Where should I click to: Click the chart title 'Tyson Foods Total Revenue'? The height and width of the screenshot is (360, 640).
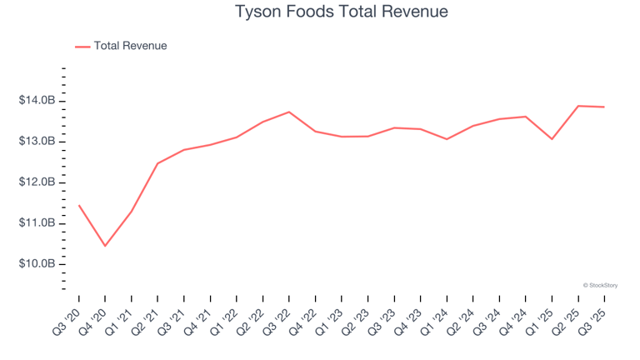320,12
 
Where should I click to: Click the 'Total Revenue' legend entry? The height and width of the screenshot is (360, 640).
130,46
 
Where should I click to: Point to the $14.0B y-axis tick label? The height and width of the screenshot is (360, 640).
37,101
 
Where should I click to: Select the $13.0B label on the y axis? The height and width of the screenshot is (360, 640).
37,142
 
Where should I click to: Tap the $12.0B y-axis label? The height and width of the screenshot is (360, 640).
37,182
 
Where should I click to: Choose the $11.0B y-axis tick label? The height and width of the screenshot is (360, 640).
37,223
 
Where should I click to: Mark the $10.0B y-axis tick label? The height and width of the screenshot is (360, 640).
37,264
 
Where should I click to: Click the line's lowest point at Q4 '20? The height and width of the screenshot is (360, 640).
105,246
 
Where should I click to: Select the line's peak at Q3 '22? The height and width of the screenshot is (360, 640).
288,112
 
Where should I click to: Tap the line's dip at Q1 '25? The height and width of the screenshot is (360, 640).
552,138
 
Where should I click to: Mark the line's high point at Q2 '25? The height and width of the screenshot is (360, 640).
578,106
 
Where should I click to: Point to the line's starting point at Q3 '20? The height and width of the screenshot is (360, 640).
79,205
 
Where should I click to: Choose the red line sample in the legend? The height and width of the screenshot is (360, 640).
82,47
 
